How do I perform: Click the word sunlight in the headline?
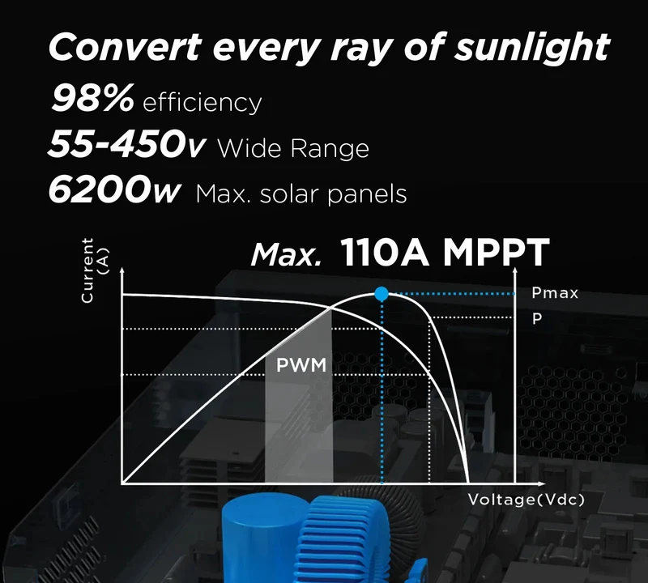point(532,49)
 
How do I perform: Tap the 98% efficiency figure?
point(92,97)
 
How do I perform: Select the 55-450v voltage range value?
point(126,144)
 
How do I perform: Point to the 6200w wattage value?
point(114,189)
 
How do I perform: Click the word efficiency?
point(202,103)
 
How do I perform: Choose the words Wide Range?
point(293,148)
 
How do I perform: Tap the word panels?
point(367,194)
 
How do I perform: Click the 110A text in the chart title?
point(385,252)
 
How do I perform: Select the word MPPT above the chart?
point(497,252)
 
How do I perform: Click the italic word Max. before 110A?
point(286,254)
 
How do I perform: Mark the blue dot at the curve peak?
point(382,294)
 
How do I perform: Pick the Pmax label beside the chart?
point(555,293)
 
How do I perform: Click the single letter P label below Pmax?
point(537,318)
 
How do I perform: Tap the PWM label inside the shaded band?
point(301,365)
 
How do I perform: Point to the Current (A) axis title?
point(95,270)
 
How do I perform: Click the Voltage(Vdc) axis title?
point(526,500)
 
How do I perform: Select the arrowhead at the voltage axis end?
point(541,483)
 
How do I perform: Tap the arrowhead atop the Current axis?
point(122,270)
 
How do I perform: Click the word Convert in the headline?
point(125,47)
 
